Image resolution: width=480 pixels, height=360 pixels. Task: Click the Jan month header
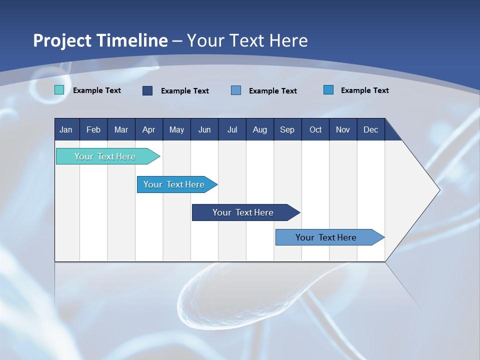[x=66, y=129]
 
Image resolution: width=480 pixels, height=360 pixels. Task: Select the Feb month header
[x=93, y=129]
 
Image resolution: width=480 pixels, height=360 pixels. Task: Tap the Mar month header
[x=121, y=129]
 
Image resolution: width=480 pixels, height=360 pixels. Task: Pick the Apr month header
[x=148, y=129]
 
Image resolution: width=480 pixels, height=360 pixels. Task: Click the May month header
[x=176, y=129]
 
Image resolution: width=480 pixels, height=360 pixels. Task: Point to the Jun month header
[x=204, y=129]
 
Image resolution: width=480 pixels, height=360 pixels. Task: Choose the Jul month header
[x=232, y=129]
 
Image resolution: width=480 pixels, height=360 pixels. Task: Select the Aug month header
[x=259, y=129]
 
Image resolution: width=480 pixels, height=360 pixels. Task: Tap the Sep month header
[x=287, y=129]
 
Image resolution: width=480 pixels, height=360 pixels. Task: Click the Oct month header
[x=315, y=129]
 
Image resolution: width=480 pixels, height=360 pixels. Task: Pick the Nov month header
[x=343, y=129]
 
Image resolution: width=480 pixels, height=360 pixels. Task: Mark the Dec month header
[x=370, y=129]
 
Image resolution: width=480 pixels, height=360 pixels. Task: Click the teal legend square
[x=59, y=90]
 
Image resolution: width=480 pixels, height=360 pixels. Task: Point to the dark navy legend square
[x=147, y=90]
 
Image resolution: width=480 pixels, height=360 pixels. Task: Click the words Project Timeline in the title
[x=100, y=40]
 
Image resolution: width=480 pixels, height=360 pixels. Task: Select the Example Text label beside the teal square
[x=97, y=90]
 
